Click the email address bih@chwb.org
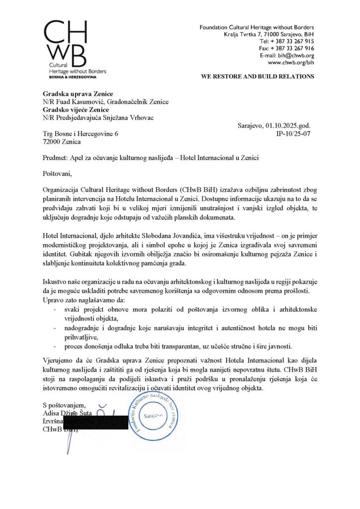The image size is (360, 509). point(295,56)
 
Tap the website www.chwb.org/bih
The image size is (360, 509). point(291,63)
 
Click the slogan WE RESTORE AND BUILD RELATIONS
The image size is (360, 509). point(257,77)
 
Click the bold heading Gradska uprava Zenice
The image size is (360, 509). point(78,94)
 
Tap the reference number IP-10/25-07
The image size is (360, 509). point(293,134)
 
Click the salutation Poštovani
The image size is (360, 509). point(57,173)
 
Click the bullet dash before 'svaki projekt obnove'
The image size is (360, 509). point(54,309)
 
